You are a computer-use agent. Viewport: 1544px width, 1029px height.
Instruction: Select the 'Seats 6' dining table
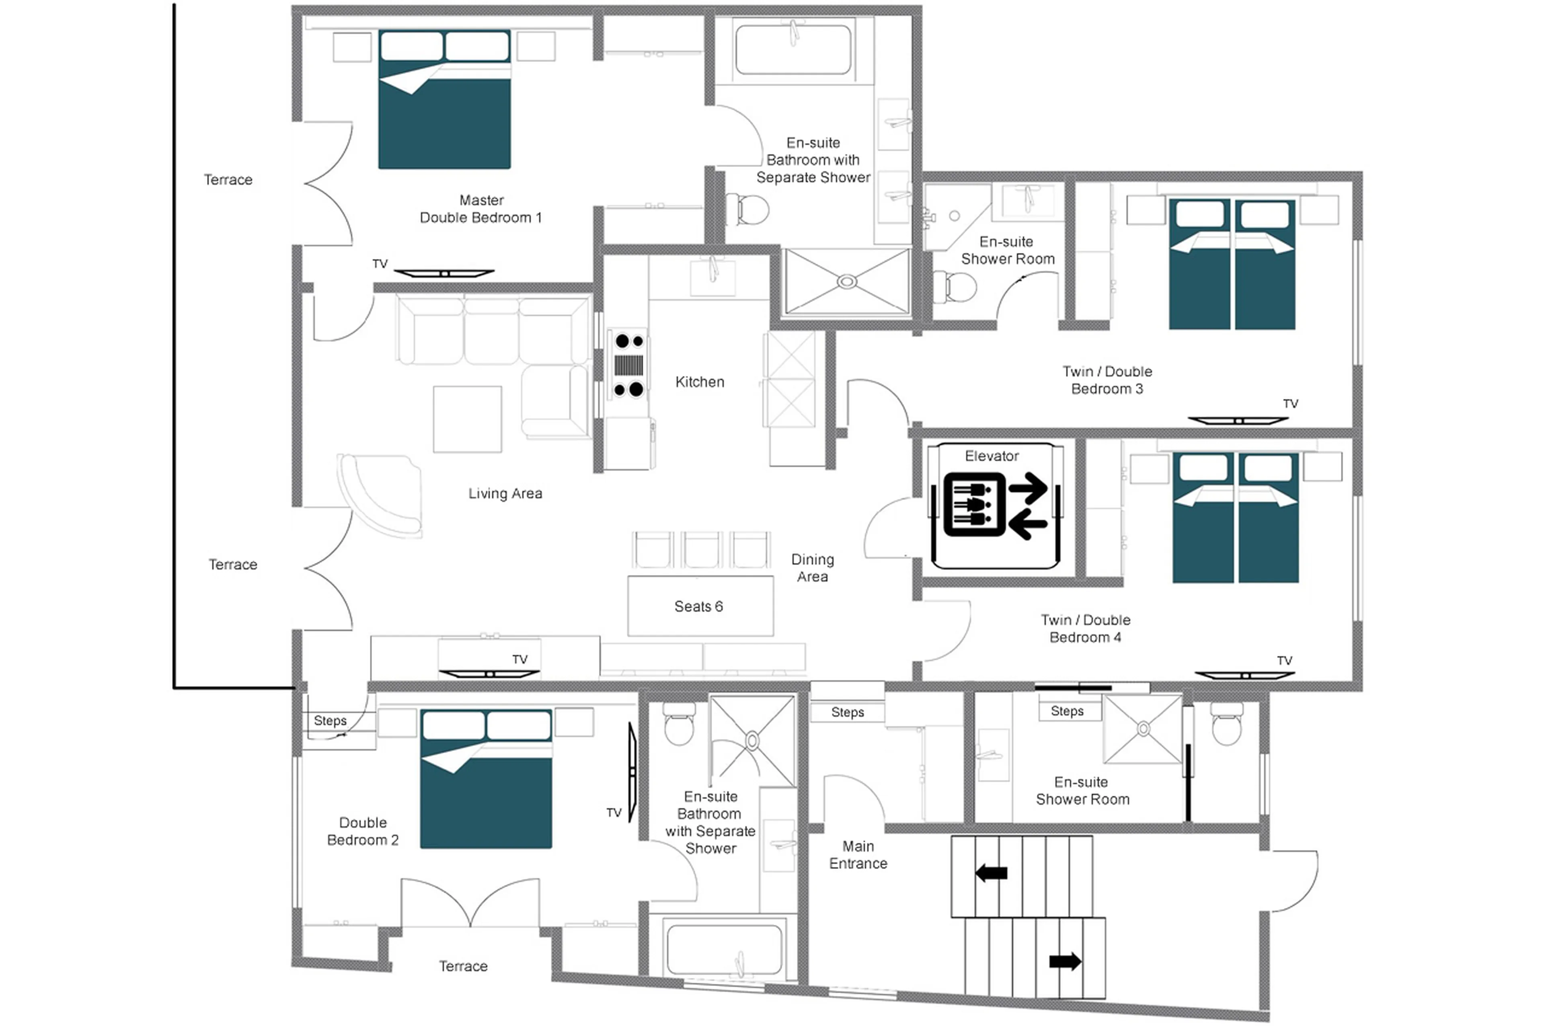coord(700,606)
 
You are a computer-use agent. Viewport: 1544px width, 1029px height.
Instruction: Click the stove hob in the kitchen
coord(628,365)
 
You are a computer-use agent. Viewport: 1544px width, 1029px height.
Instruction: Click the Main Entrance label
coord(858,854)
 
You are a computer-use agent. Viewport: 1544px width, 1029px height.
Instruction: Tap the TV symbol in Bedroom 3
coord(1236,420)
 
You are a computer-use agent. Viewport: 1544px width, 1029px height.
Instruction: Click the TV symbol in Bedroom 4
coord(1244,675)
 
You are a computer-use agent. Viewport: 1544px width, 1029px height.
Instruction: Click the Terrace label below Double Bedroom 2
coord(463,966)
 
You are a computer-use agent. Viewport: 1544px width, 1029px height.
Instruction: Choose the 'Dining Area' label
coord(812,568)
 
